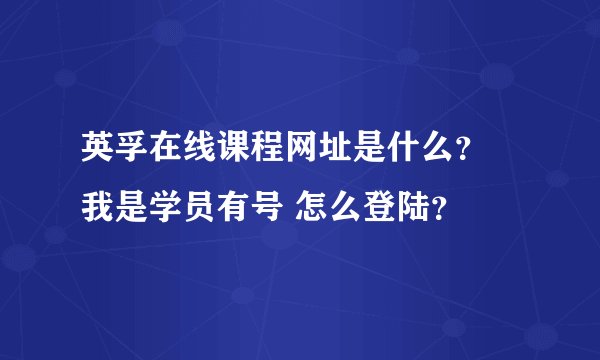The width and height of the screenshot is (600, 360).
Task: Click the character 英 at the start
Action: click(98, 155)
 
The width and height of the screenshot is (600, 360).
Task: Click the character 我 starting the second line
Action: click(98, 207)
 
